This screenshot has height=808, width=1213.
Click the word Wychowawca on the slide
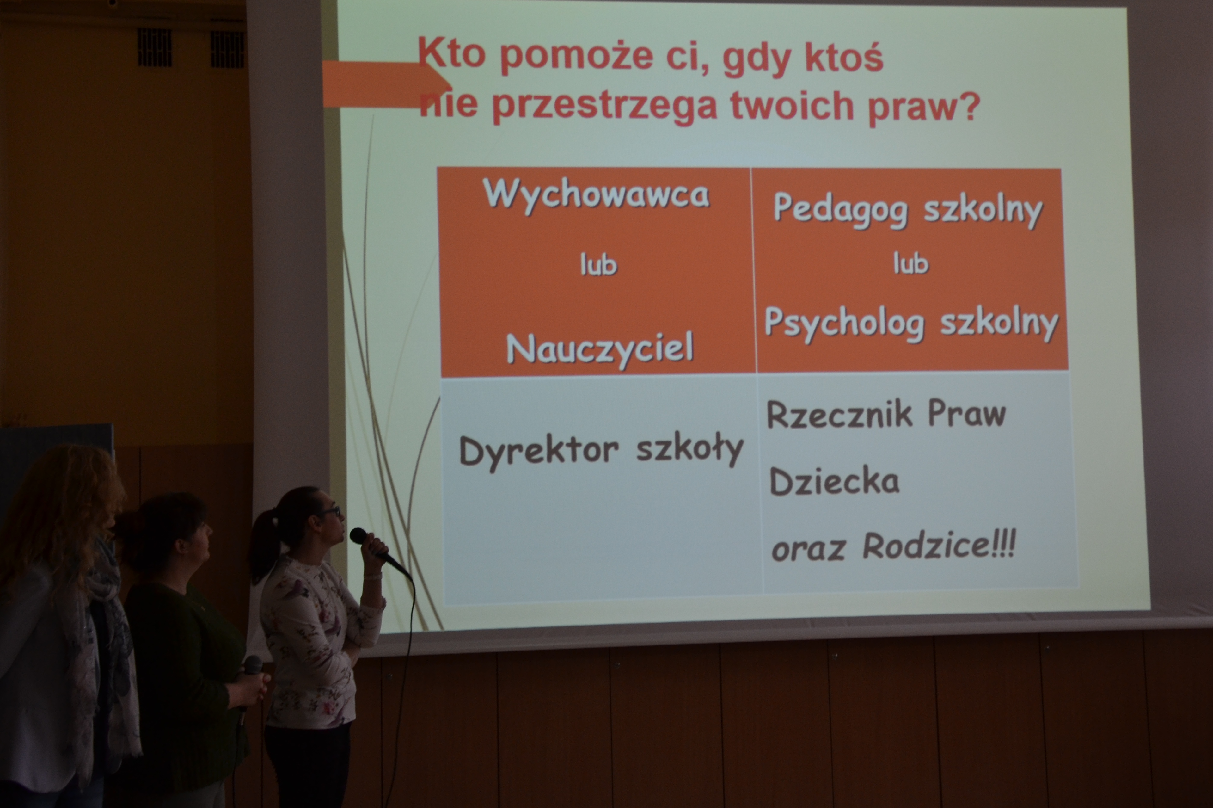pos(597,195)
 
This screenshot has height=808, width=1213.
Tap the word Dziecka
pos(834,481)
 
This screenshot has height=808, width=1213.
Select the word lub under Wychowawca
pos(598,265)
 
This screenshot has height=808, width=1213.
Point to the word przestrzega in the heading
pos(604,107)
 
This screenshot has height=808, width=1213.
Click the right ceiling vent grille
pos(227,49)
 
